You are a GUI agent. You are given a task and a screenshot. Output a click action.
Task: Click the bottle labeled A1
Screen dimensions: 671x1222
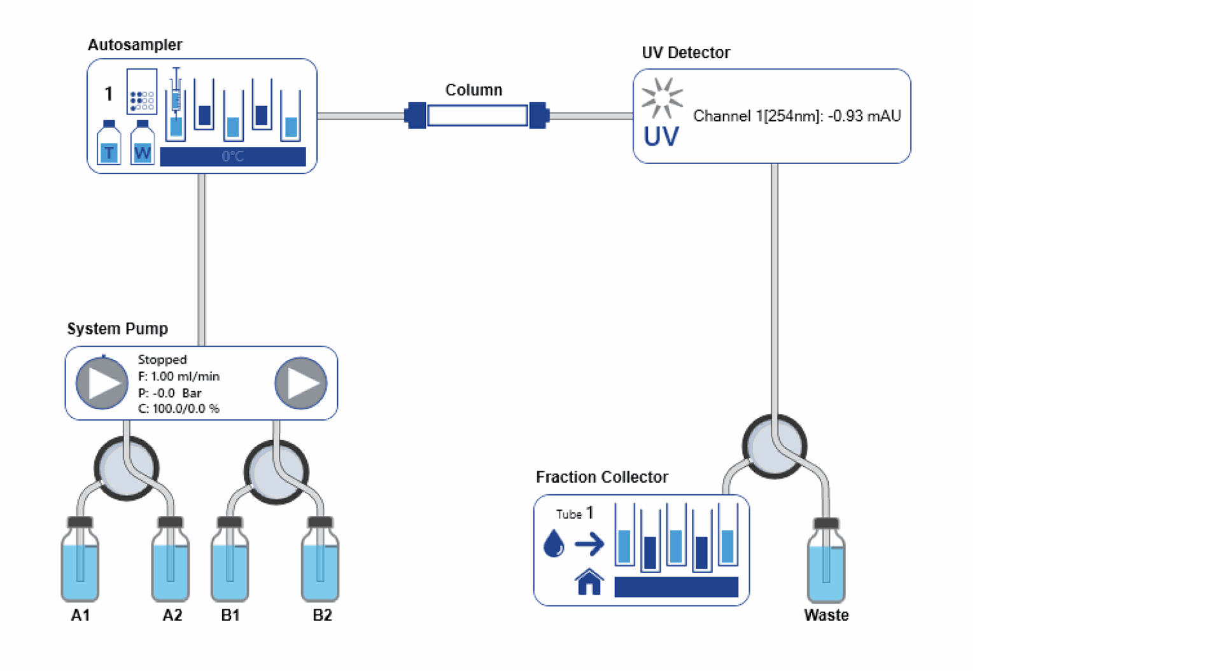pos(80,563)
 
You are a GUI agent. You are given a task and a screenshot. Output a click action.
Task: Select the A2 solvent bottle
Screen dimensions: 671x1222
pos(170,563)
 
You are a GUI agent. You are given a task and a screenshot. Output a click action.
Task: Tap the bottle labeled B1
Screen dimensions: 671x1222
pos(230,563)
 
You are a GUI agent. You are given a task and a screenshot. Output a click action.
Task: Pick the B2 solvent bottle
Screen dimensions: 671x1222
pos(320,563)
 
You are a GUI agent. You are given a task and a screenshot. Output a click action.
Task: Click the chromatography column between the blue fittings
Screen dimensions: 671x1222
pos(477,116)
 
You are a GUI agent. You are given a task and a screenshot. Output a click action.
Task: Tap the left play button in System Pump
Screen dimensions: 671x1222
pos(102,384)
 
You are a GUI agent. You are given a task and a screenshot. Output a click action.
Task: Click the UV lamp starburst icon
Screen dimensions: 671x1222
pos(662,99)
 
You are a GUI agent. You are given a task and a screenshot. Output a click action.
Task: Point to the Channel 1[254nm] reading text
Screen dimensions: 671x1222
pos(797,116)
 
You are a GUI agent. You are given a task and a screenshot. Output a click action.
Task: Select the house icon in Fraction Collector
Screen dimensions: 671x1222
pos(589,582)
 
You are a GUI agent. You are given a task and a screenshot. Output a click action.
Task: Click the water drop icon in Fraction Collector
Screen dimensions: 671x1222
pos(554,544)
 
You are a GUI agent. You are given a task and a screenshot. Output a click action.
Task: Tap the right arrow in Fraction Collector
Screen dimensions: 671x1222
pos(589,544)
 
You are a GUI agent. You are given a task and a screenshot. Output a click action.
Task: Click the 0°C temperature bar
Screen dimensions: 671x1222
pos(233,156)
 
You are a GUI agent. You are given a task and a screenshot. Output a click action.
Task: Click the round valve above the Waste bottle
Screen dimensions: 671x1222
pos(775,446)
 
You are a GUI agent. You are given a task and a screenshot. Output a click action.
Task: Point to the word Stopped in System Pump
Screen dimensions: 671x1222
pos(162,359)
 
